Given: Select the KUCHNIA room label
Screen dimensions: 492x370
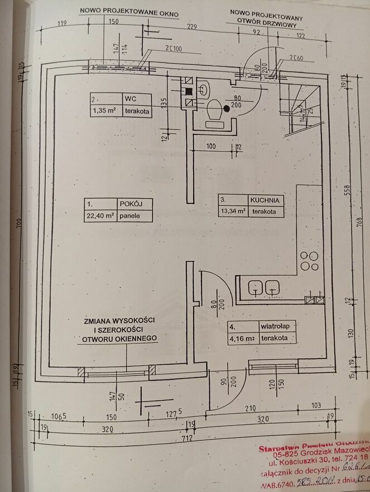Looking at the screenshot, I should tap(264, 200).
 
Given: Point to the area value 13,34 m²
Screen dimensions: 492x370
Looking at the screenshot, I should tap(233, 212).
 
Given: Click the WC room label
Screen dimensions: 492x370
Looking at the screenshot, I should tap(131, 99).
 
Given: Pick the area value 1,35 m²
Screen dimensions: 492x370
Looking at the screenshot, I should tap(103, 111).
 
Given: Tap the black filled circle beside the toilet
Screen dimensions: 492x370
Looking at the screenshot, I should tap(227, 109).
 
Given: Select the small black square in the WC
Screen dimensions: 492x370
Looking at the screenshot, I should tap(189, 91).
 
